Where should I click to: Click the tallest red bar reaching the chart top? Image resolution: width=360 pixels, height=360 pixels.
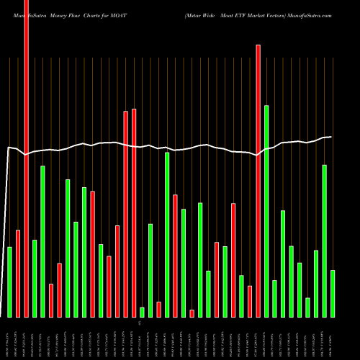pyautogui.click(x=27, y=158)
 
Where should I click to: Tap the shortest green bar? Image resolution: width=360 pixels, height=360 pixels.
pyautogui.click(x=142, y=312)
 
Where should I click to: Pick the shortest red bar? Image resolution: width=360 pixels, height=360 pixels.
pyautogui.click(x=192, y=313)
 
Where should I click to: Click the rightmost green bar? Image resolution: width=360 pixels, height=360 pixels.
pyautogui.click(x=333, y=293)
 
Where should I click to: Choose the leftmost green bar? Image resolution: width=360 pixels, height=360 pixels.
pyautogui.click(x=10, y=282)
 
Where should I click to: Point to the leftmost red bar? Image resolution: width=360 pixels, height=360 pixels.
pyautogui.click(x=18, y=273)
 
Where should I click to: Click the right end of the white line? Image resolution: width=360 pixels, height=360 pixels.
pyautogui.click(x=332, y=137)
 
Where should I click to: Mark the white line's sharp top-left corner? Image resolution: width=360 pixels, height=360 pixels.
pyautogui.click(x=8, y=148)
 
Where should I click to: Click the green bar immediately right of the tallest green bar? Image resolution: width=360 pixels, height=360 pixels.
pyautogui.click(x=274, y=298)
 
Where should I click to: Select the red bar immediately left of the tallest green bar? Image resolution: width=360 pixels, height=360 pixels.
pyautogui.click(x=258, y=180)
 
